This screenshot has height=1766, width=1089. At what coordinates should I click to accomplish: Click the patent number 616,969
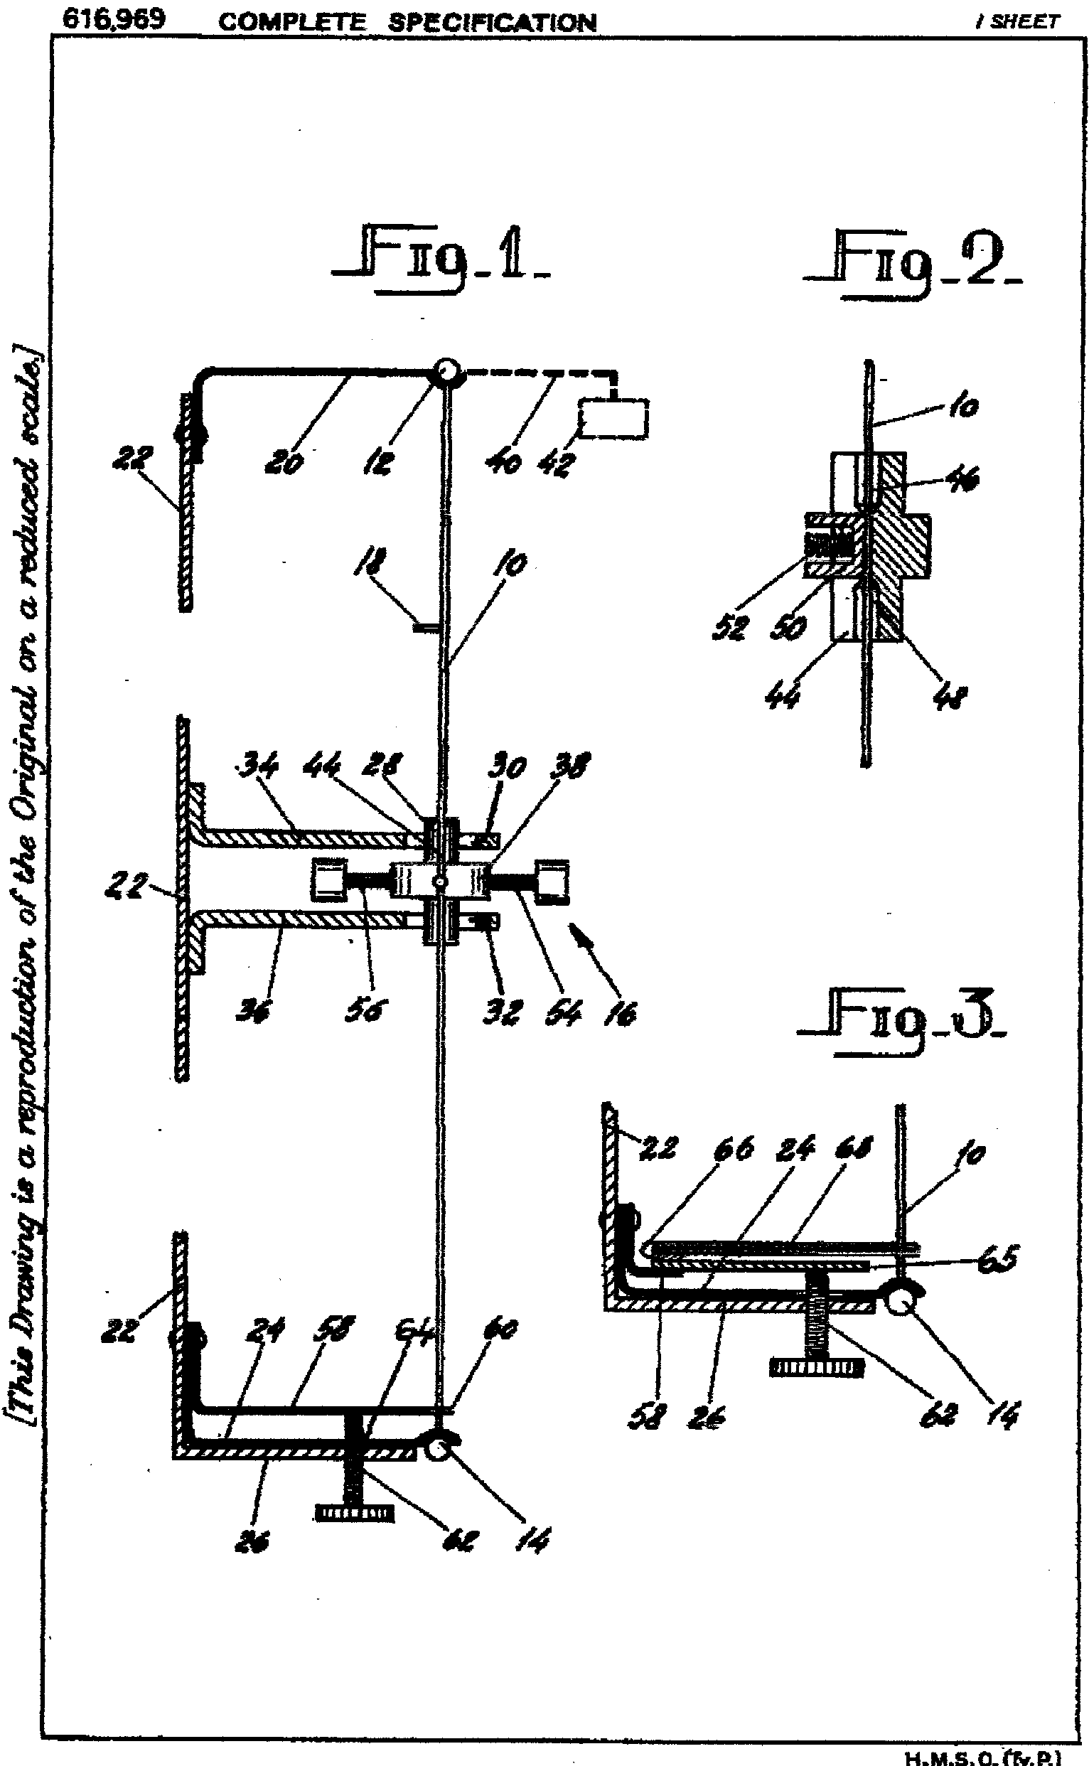(114, 19)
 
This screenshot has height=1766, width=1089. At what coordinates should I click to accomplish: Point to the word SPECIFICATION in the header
(492, 22)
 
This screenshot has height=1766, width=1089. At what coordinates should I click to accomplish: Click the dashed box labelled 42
(612, 419)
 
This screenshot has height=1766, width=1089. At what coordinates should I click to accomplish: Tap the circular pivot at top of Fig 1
(446, 372)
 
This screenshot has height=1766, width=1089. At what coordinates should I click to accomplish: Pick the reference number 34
(257, 768)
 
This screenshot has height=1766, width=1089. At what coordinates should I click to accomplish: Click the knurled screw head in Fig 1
(355, 1511)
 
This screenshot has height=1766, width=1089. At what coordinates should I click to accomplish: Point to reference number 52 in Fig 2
(730, 628)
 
